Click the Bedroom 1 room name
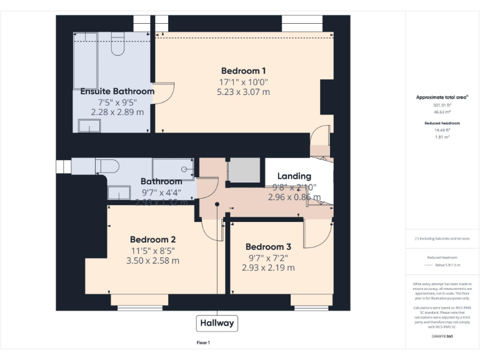[x=243, y=71]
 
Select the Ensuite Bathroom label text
[x=117, y=91]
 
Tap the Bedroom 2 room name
[x=152, y=239]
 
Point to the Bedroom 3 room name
[x=268, y=247]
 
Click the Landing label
[x=294, y=176]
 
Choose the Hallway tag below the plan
[x=217, y=323]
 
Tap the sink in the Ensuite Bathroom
[x=89, y=127]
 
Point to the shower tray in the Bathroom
[x=173, y=169]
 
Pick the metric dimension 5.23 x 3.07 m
[x=243, y=92]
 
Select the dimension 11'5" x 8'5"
[x=152, y=251]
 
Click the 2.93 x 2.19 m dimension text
[x=268, y=267]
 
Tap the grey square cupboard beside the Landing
[x=244, y=170]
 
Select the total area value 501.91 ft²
[x=442, y=105]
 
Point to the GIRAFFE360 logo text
[x=442, y=337]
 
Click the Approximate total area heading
[x=442, y=97]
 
